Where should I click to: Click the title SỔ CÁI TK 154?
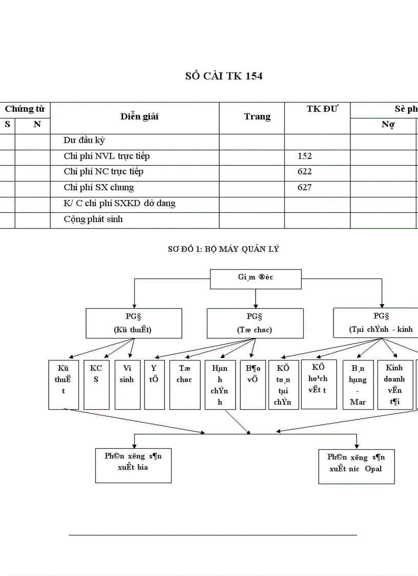pyautogui.click(x=224, y=76)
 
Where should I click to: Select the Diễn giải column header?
pyautogui.click(x=139, y=116)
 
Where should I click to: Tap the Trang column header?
pyautogui.click(x=257, y=116)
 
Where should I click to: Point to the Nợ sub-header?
pyautogui.click(x=388, y=125)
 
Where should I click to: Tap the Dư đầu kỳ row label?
pyautogui.click(x=85, y=141)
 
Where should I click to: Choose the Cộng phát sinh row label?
pyautogui.click(x=93, y=220)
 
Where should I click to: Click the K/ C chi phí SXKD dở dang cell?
pyautogui.click(x=119, y=204)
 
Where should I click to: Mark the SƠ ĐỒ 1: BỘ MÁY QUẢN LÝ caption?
pyautogui.click(x=223, y=249)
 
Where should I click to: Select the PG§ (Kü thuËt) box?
pyautogui.click(x=133, y=323)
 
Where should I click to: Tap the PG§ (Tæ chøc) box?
pyautogui.click(x=255, y=323)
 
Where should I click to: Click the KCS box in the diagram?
pyautogui.click(x=96, y=384)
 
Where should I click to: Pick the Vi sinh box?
pyautogui.click(x=127, y=384)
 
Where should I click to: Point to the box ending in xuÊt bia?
pyautogui.click(x=133, y=465)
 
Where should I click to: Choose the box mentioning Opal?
pyautogui.click(x=356, y=466)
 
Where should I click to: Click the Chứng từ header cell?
pyautogui.click(x=25, y=109)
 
